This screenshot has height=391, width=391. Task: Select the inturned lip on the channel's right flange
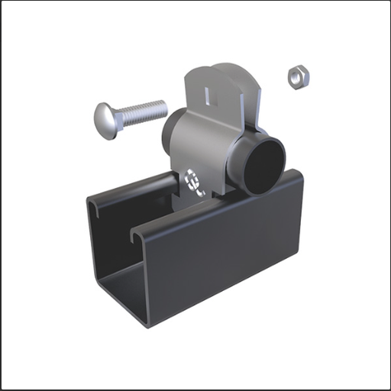pos(137,233)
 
